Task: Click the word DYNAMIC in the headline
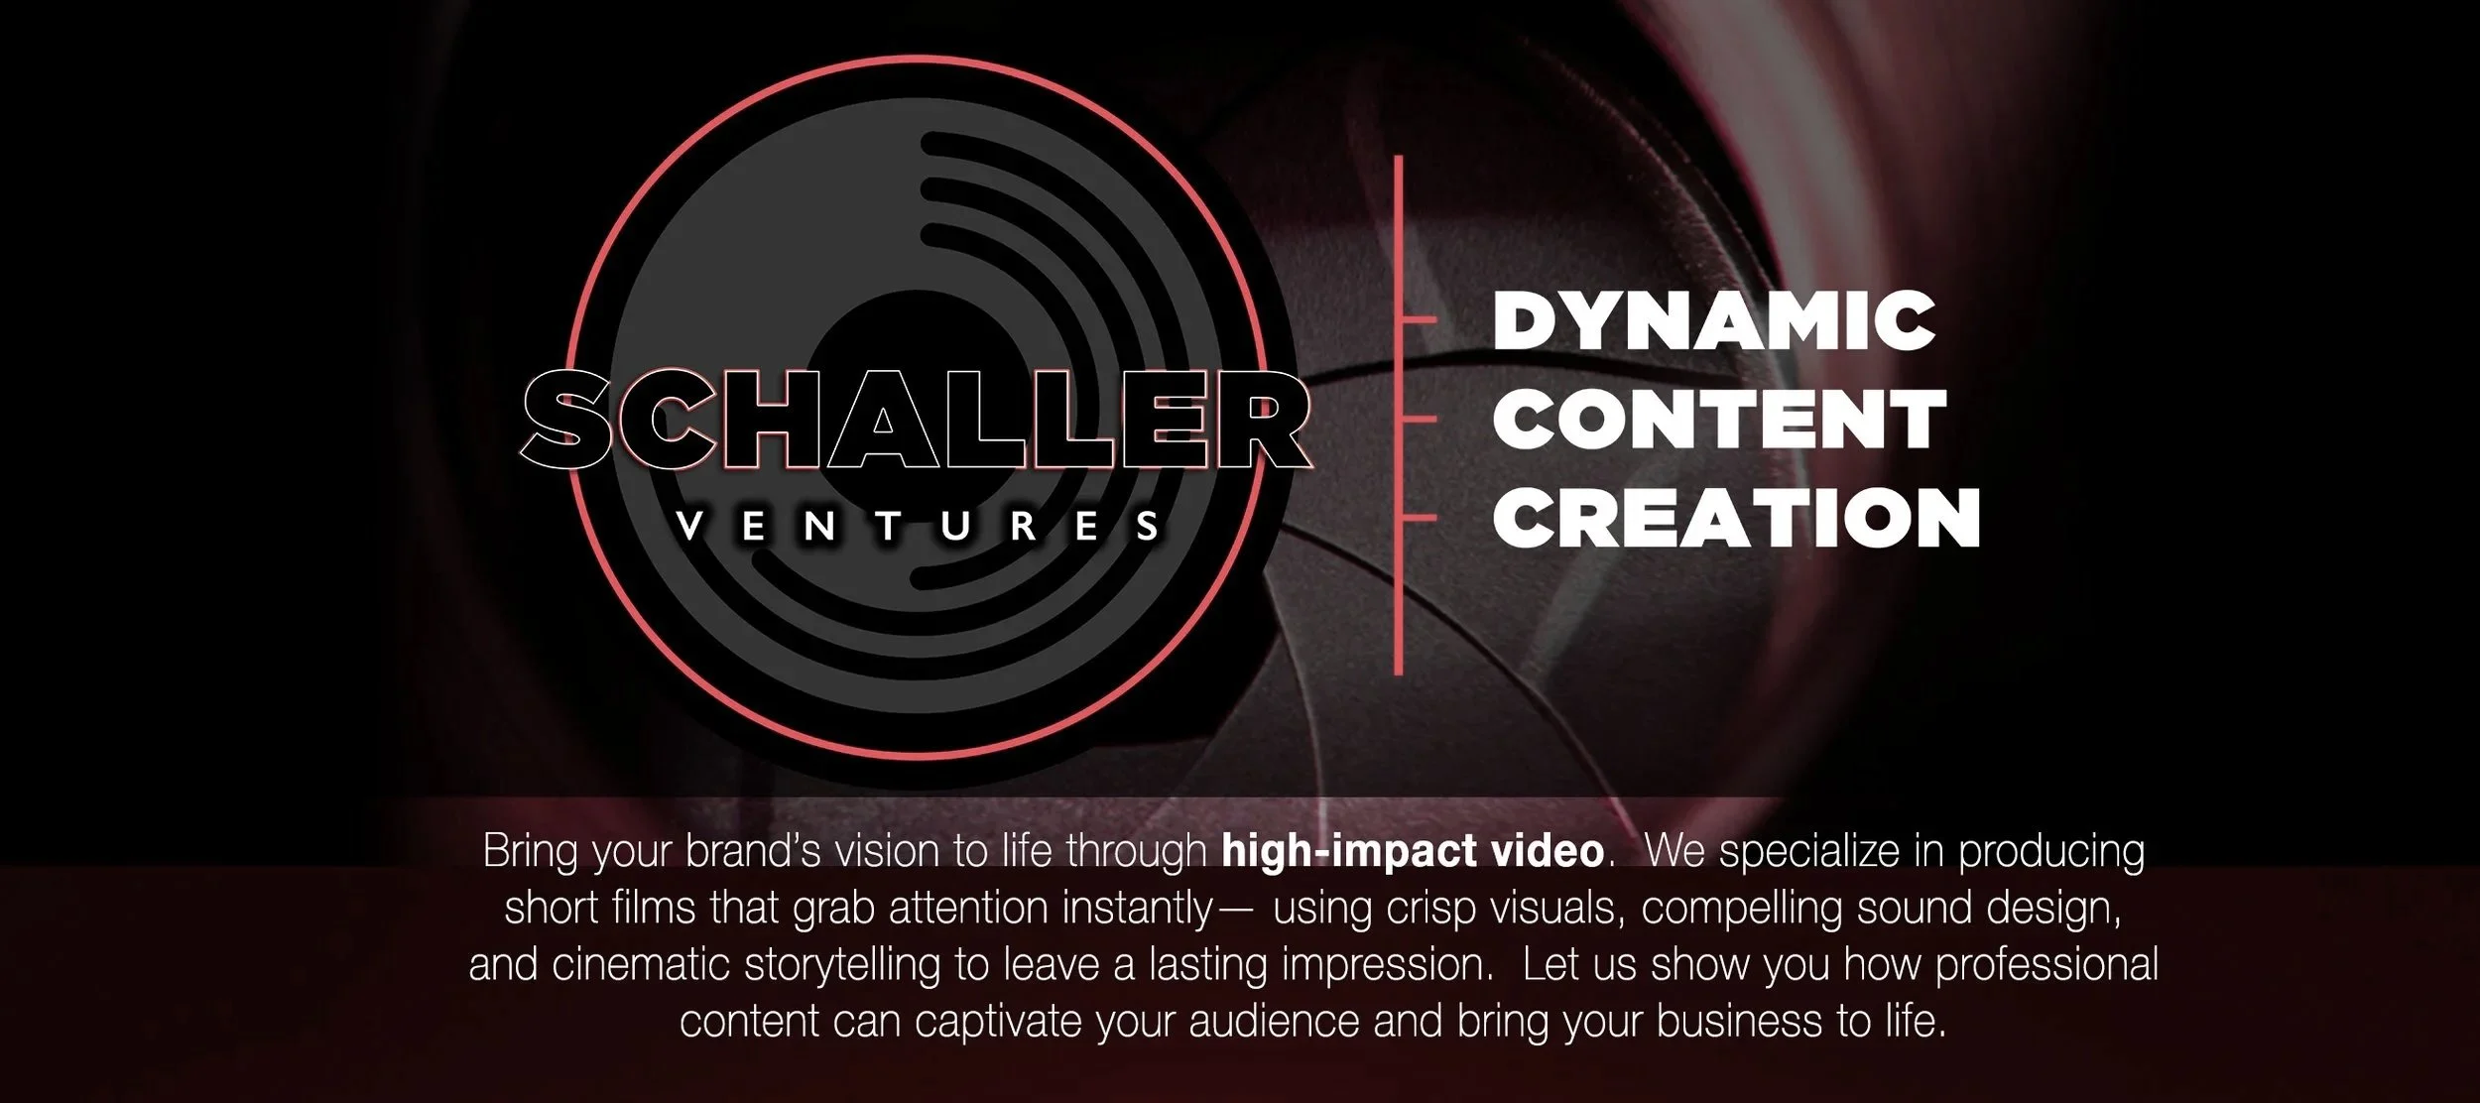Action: click(1713, 320)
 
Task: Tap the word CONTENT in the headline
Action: click(1719, 419)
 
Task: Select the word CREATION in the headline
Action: click(1736, 518)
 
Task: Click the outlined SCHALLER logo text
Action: click(915, 420)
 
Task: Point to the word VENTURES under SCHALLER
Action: click(917, 527)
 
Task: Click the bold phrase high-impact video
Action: click(1413, 851)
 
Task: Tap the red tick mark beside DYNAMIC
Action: click(1419, 319)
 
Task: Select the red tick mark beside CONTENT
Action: click(1419, 419)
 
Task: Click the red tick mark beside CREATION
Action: click(1419, 518)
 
